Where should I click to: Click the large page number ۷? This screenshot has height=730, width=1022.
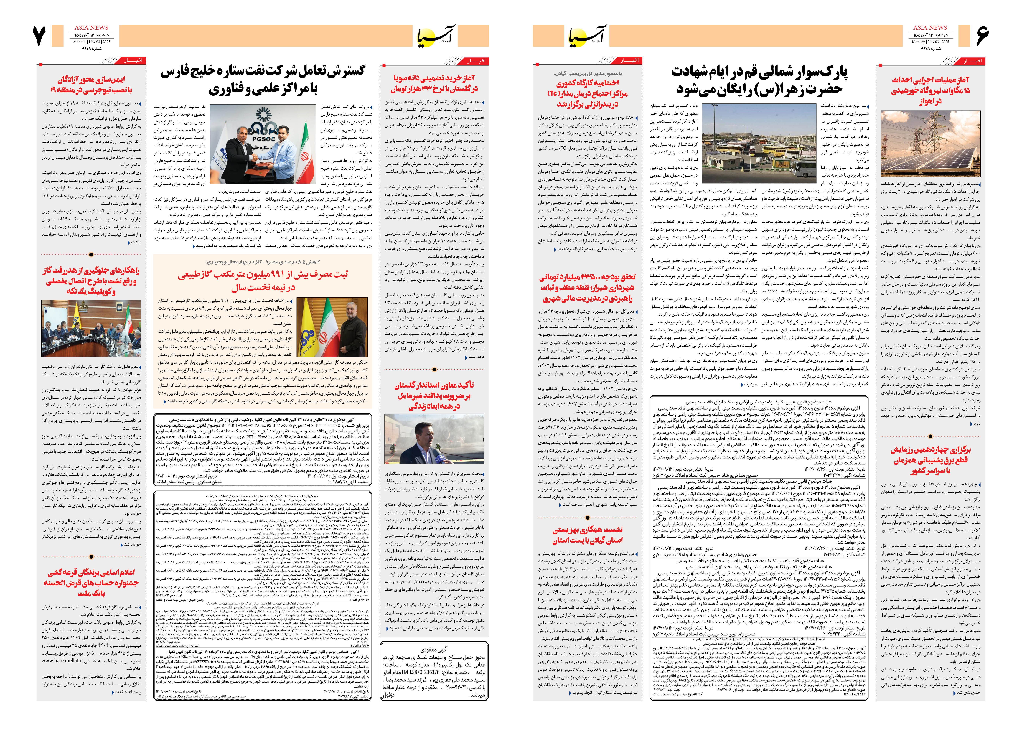click(x=39, y=36)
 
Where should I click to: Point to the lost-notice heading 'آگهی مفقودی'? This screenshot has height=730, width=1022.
click(x=435, y=649)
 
